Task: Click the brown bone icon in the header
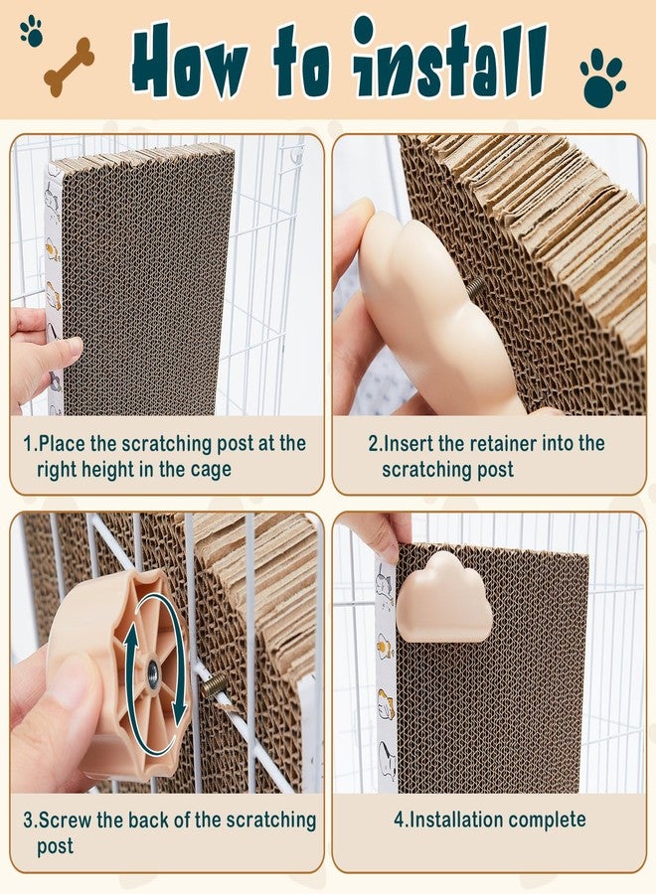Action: click(69, 67)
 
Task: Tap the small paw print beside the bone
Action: click(32, 32)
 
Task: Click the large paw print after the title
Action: click(602, 76)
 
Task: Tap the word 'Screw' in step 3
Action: click(65, 819)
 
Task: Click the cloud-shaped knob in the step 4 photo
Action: click(444, 597)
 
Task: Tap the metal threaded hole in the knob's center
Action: click(153, 669)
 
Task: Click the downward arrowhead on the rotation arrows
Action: click(180, 711)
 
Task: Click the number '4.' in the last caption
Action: click(401, 819)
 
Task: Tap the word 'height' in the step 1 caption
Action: click(115, 470)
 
